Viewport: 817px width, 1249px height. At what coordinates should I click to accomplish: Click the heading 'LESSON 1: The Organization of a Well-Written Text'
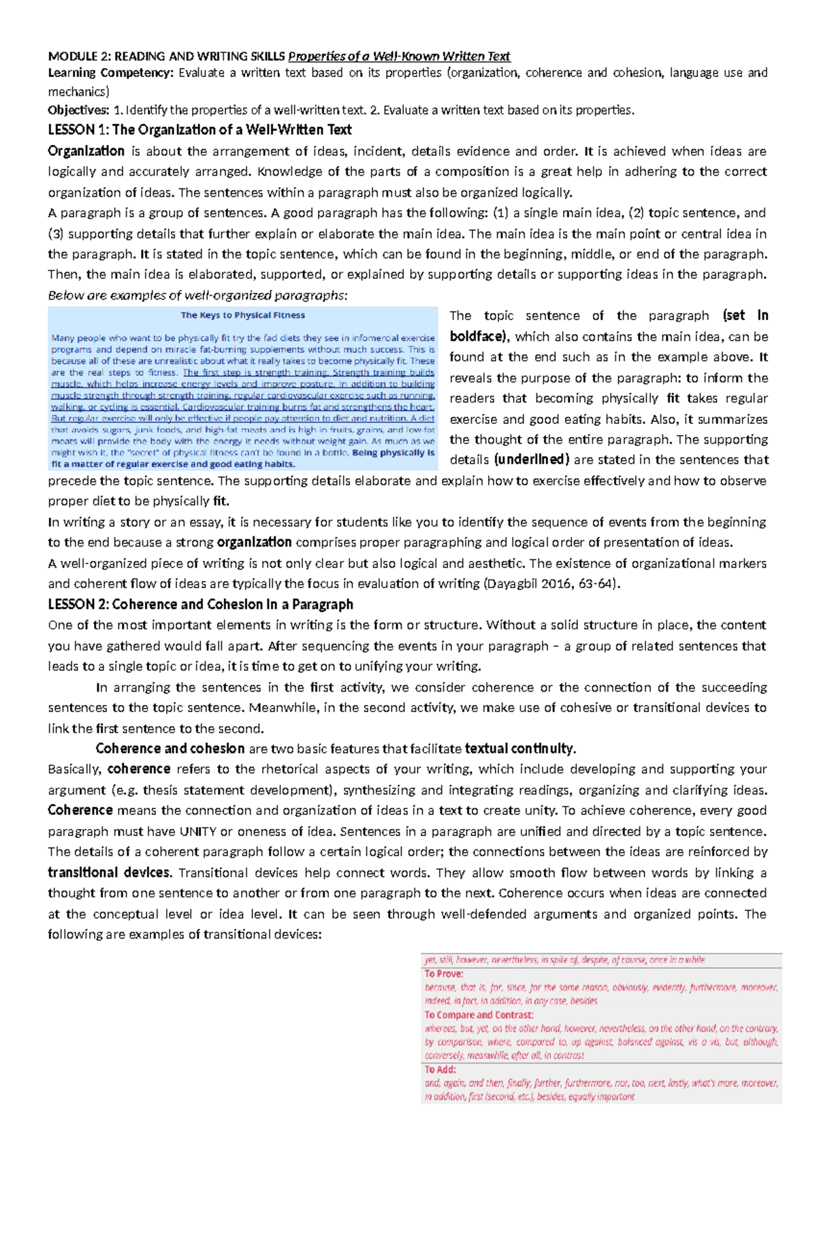point(199,130)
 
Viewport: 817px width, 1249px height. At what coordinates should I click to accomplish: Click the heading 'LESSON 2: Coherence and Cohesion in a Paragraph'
point(200,604)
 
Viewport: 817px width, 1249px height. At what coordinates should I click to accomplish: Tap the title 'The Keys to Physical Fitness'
point(242,315)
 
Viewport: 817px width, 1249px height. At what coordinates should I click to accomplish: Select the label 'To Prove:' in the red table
point(444,974)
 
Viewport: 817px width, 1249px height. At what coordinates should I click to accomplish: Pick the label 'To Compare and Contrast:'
point(479,1015)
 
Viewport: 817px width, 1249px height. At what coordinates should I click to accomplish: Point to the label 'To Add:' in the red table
point(440,1070)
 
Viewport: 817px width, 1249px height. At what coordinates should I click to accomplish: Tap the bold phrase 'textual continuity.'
point(520,749)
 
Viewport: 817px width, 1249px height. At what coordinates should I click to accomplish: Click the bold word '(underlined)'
point(531,460)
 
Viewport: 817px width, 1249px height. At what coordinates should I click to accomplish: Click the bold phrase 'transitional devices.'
point(110,873)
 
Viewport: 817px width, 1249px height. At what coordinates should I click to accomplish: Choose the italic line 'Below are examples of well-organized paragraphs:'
point(197,295)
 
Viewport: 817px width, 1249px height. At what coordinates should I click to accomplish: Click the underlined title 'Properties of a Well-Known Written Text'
point(399,56)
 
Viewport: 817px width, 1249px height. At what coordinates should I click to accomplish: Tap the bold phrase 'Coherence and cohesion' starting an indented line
point(170,749)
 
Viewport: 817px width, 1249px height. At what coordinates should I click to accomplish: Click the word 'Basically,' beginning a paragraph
point(75,769)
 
